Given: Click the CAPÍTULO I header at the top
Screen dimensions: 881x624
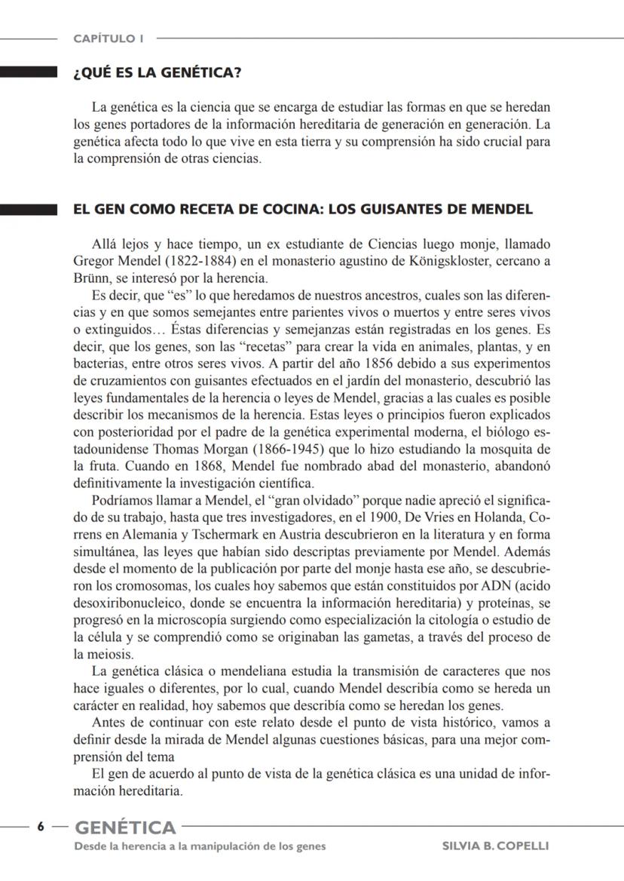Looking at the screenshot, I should pyautogui.click(x=109, y=38).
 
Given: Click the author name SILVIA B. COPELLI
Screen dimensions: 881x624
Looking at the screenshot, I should pyautogui.click(x=495, y=846).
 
